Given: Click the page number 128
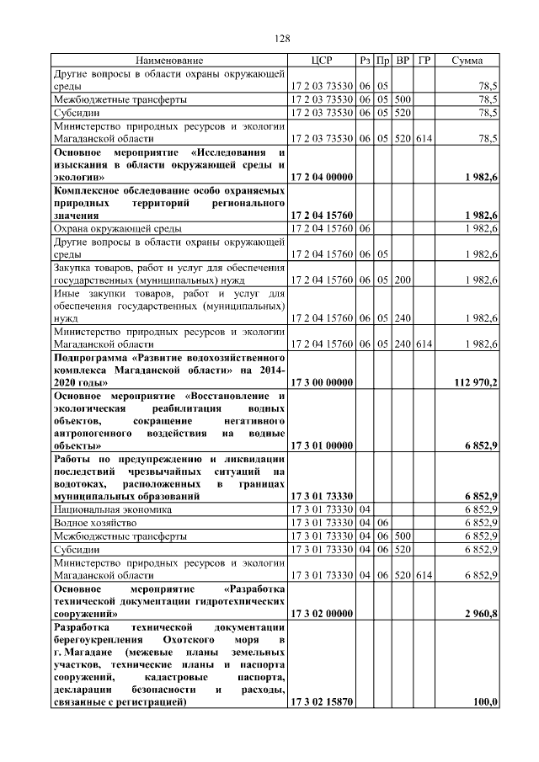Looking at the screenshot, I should tap(283, 39).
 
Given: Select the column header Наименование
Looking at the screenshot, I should tap(169, 61).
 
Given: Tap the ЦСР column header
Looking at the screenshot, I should tap(321, 61).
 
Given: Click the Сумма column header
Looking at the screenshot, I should tap(467, 61).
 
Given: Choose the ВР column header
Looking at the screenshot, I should tap(403, 61).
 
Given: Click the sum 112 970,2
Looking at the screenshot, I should tap(476, 382).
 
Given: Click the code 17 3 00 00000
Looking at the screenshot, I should tap(321, 382).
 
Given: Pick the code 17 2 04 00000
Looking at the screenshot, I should tap(321, 177).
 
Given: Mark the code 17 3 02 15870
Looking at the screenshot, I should tap(321, 701).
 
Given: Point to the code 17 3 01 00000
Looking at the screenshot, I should tap(321, 445).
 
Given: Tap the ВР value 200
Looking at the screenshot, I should tap(403, 279).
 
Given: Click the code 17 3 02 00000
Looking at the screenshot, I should tap(321, 615).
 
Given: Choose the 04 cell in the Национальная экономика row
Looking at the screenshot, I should tap(365, 509).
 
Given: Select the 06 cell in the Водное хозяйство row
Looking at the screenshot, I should tap(382, 522).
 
